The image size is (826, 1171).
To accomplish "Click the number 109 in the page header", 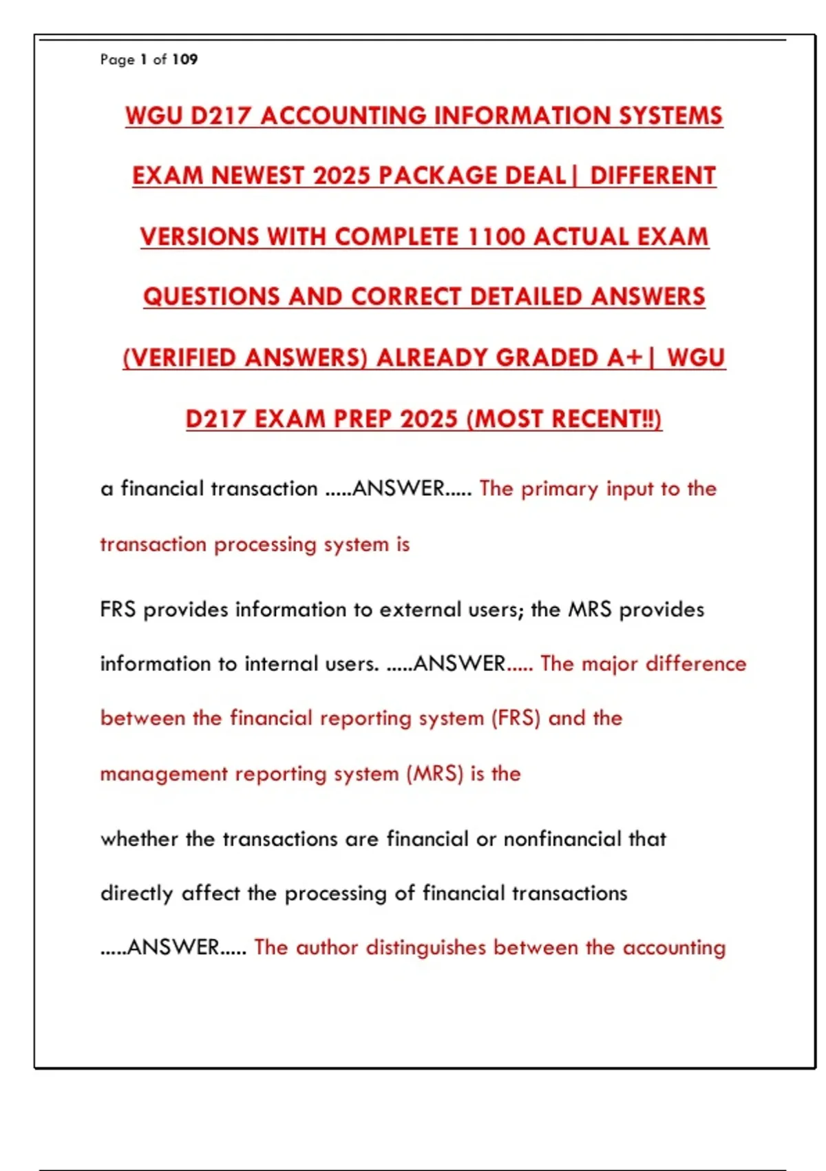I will pyautogui.click(x=184, y=59).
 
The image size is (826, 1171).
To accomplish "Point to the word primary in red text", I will pyautogui.click(x=560, y=489).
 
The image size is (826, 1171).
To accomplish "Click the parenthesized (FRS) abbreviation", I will pyautogui.click(x=516, y=718).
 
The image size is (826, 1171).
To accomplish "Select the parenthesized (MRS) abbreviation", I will pyautogui.click(x=434, y=774).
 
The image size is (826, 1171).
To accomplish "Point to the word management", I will pyautogui.click(x=164, y=774).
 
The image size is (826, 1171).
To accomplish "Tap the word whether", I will pyautogui.click(x=140, y=839).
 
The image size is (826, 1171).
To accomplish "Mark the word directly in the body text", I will pyautogui.click(x=136, y=893).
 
